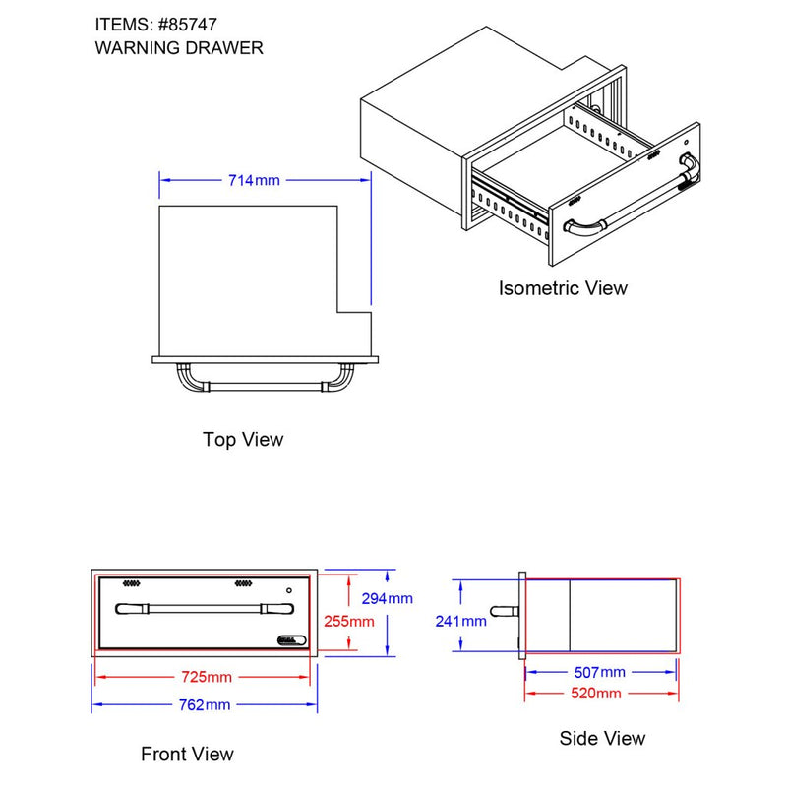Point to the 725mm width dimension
point(207,677)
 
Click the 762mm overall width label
point(205,704)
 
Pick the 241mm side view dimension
point(461,620)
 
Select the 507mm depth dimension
point(599,672)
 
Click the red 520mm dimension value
point(599,694)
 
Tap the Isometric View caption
point(563,288)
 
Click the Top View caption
point(243,439)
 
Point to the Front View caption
point(187,755)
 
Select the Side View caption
point(602,738)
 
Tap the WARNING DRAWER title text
point(179,47)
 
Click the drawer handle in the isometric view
point(630,204)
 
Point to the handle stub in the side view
point(504,612)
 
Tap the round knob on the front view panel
point(288,590)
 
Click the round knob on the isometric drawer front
point(685,159)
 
